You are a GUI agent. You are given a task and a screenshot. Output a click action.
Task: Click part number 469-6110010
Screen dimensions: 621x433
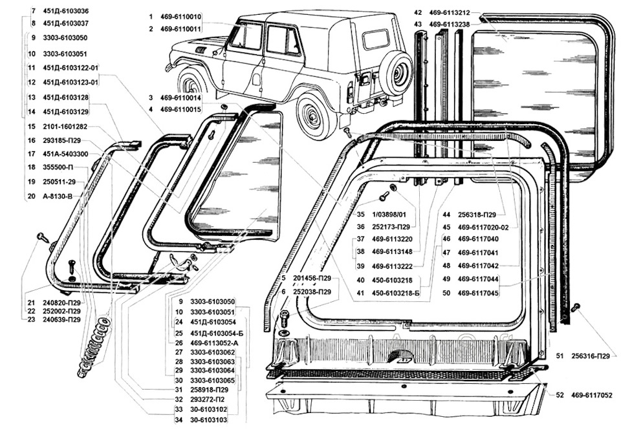coord(181,17)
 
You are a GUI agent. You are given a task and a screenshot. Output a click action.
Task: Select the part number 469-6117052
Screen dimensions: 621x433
coord(592,395)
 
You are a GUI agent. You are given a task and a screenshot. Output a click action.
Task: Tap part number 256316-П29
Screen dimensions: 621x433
coord(591,356)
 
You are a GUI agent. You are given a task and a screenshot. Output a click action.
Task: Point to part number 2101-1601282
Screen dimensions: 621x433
coord(65,127)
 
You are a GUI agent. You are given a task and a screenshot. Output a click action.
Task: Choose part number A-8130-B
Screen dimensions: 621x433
coord(58,196)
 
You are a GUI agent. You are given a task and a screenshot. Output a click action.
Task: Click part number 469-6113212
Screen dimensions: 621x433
coord(450,13)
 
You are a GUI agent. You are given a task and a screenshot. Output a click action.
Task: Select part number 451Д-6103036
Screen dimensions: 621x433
coord(66,12)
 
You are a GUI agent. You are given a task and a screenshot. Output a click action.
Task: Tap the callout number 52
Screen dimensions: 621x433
coord(560,395)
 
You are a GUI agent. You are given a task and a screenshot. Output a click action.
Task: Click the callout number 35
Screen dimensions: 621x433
coord(360,215)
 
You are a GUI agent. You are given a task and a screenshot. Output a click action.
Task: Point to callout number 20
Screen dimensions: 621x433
coord(32,196)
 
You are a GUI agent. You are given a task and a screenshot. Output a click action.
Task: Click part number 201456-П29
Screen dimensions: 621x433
coord(312,278)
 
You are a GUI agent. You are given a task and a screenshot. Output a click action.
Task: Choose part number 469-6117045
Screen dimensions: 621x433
coord(478,293)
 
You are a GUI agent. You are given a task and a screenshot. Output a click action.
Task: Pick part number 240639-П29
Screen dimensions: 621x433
coord(62,319)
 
